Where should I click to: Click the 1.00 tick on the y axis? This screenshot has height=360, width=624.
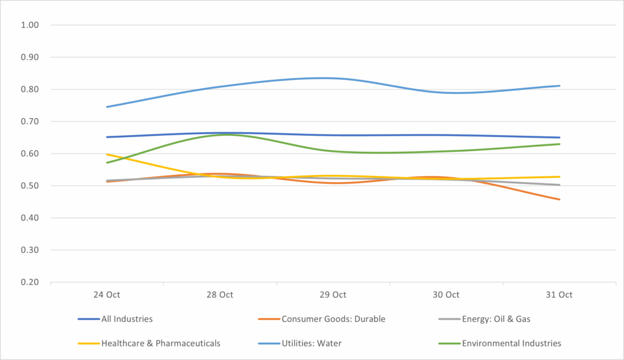tap(30, 26)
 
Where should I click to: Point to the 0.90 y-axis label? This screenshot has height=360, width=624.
tap(30, 58)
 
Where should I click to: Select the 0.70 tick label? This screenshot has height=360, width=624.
tap(30, 122)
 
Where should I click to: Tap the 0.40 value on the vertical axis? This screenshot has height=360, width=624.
tap(30, 218)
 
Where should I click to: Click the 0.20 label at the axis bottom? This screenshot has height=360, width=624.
tap(30, 283)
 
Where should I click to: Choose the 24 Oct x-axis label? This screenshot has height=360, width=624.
tap(107, 295)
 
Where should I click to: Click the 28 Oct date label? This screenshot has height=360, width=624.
tap(220, 295)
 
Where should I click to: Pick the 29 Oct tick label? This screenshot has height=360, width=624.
tap(333, 295)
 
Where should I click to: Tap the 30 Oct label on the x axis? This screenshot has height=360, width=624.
tap(446, 295)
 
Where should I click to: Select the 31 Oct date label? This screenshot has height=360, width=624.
tap(559, 295)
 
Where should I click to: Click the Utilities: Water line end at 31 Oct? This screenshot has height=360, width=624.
tap(559, 86)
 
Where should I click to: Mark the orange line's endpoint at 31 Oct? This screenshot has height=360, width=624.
tap(559, 199)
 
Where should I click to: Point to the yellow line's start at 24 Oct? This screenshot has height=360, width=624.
tap(107, 154)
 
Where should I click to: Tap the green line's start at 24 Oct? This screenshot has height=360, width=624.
tap(107, 163)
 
